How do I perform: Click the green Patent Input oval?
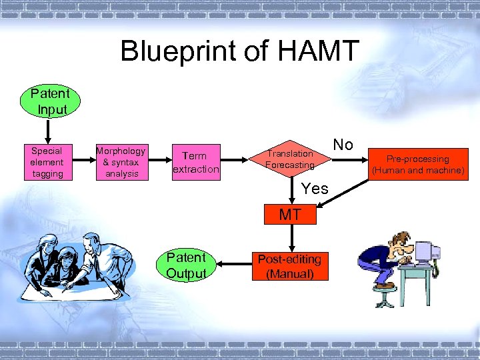click(x=52, y=102)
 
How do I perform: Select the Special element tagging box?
click(x=47, y=162)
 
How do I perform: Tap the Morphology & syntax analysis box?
click(x=121, y=162)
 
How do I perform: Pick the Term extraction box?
click(x=195, y=162)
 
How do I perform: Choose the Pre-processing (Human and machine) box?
click(x=419, y=164)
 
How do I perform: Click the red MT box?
click(x=290, y=215)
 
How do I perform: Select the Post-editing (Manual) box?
click(x=289, y=266)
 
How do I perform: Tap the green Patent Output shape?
click(x=186, y=265)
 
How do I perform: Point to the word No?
click(x=343, y=145)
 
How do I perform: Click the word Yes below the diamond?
click(x=314, y=189)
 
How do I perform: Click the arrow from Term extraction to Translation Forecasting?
click(x=234, y=161)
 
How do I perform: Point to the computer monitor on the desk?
click(x=426, y=253)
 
